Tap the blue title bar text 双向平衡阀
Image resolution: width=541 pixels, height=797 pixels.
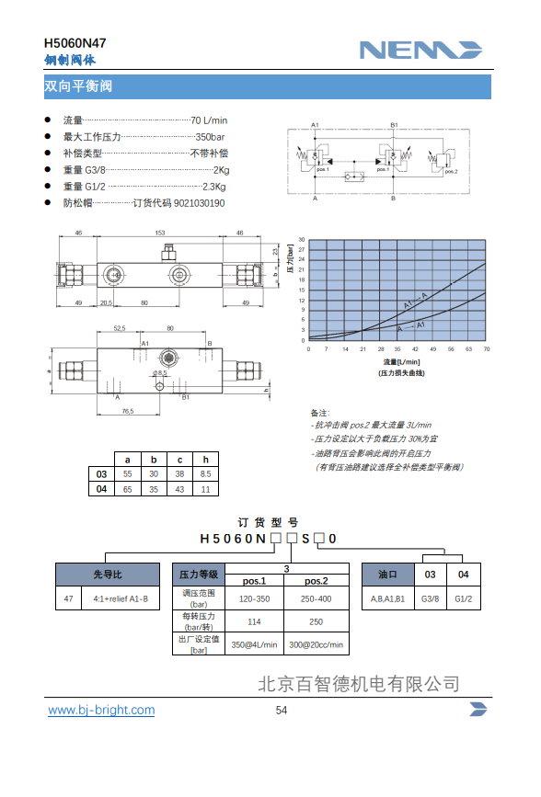coord(78,87)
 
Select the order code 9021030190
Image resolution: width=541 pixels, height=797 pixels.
coord(199,203)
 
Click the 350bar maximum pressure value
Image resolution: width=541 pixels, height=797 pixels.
coord(211,137)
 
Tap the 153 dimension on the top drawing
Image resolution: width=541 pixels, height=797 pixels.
coord(160,233)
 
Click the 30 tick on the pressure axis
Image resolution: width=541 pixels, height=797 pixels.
coord(302,241)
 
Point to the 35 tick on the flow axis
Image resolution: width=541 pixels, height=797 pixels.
coord(397,349)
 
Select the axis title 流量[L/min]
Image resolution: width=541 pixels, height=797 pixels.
coord(397,363)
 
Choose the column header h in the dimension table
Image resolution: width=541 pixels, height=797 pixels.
coord(206,459)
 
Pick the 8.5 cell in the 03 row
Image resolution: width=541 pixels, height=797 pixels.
coord(206,473)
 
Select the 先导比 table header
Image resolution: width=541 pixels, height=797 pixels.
coord(108,574)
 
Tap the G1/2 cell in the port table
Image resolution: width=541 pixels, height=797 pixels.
coord(464,598)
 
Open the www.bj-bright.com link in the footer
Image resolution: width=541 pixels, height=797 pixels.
coord(101,710)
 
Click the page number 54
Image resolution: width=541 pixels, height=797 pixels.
coord(282,710)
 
